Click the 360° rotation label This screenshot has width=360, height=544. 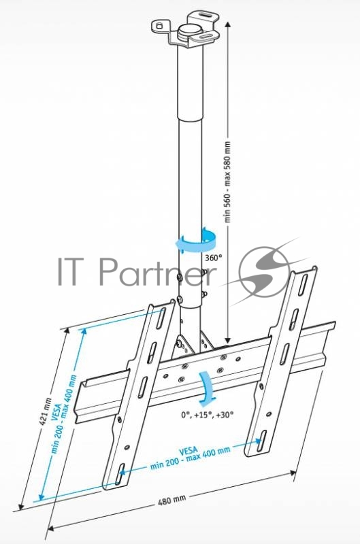click(x=213, y=258)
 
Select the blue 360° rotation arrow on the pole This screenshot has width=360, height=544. click(x=196, y=241)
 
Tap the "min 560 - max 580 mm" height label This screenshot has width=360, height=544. click(x=227, y=182)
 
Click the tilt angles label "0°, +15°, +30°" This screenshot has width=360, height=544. click(x=208, y=414)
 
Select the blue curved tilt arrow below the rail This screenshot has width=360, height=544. click(x=207, y=389)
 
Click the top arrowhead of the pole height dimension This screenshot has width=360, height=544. click(x=227, y=24)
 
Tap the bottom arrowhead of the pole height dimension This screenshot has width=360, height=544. click(x=227, y=339)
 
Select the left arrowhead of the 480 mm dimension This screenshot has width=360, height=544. click(x=50, y=528)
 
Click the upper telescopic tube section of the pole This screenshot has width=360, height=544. click(x=190, y=82)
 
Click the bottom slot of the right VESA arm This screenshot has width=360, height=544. click(x=262, y=441)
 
